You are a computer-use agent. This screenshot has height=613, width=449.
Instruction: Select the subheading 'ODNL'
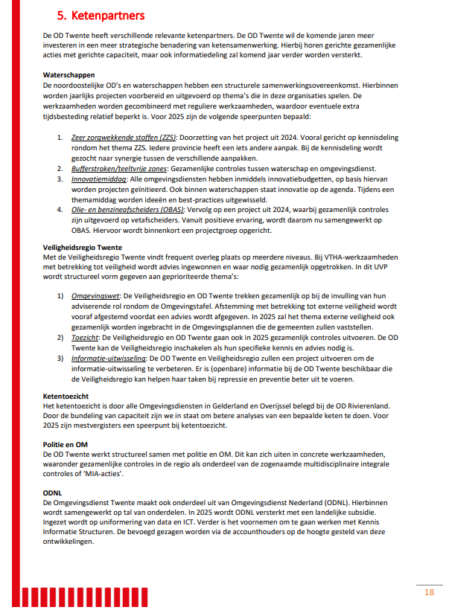[54, 492]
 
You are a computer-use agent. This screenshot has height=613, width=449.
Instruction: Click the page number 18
[429, 592]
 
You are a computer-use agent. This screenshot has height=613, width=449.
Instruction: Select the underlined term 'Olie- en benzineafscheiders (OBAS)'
[123, 210]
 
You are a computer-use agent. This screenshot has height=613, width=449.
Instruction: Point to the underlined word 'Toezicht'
[86, 336]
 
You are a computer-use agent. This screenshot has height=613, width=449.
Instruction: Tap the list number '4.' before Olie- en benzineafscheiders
[60, 210]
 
